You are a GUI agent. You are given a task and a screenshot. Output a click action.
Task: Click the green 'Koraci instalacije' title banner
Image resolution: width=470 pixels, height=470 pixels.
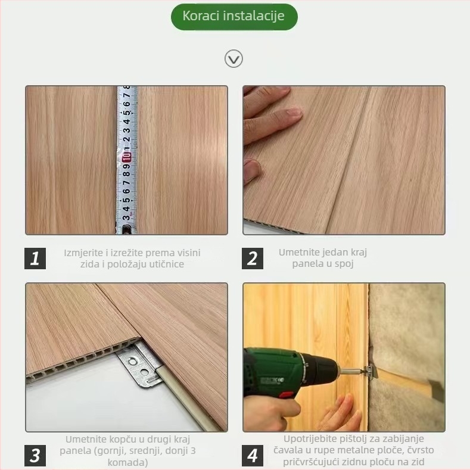(234, 17)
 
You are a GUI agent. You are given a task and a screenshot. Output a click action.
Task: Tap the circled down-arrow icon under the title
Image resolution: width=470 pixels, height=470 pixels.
(234, 59)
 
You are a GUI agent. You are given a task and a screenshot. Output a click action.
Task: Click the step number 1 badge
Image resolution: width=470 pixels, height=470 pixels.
(35, 258)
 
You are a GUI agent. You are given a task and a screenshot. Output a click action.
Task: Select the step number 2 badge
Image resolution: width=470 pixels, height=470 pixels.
(253, 258)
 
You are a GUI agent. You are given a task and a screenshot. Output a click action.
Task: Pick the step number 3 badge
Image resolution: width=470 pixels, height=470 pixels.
(35, 455)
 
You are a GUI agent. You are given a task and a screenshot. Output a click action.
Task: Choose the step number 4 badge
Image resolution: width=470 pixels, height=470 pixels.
(253, 455)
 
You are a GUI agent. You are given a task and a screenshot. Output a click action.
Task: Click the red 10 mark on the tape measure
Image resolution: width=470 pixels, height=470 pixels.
(126, 157)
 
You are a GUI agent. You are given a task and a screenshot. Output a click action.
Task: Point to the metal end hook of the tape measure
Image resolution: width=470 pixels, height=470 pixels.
(126, 229)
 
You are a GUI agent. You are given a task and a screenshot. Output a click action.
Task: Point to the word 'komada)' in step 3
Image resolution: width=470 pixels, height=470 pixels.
(127, 462)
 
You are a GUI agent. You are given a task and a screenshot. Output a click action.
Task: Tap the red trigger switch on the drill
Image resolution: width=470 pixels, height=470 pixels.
(287, 394)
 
